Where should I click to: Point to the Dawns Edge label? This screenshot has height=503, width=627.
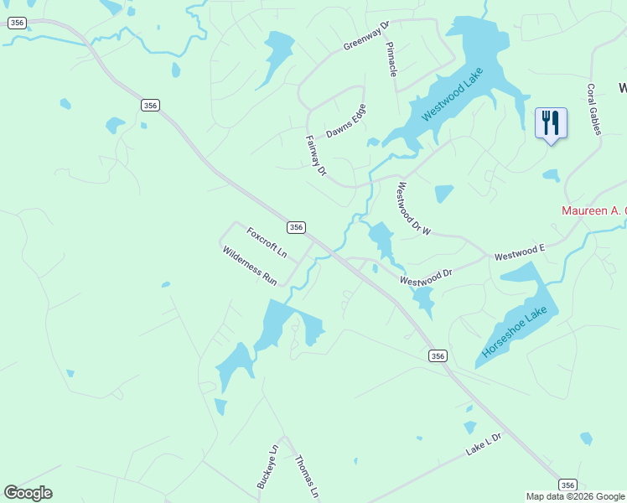(346, 122)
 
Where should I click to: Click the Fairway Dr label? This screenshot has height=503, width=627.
(316, 156)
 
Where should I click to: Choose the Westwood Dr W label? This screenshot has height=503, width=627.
(413, 209)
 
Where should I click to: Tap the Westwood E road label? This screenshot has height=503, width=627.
(520, 251)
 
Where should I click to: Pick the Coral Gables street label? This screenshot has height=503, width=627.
(593, 109)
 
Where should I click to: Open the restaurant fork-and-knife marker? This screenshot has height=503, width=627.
(551, 122)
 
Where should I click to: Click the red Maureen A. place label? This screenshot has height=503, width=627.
(593, 211)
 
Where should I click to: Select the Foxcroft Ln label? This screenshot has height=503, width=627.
(267, 241)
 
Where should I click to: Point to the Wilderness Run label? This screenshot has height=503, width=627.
(250, 266)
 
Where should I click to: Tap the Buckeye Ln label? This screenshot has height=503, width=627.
(267, 466)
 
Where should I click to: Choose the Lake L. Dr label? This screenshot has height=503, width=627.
(483, 445)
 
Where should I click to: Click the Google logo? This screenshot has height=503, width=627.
(28, 493)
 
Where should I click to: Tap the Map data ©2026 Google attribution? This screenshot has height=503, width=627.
(574, 496)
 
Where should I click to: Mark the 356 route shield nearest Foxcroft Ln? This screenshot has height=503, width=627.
(296, 227)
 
